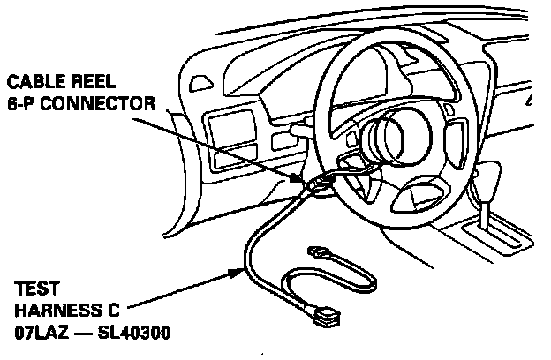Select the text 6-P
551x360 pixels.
click(x=24, y=103)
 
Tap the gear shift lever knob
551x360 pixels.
click(x=485, y=186)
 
